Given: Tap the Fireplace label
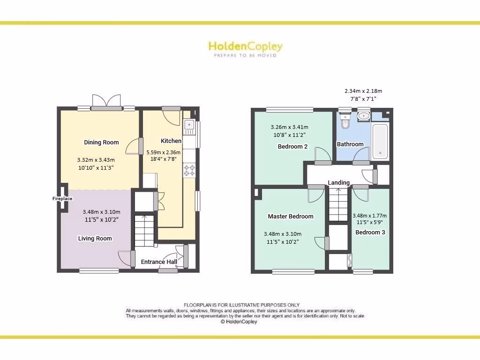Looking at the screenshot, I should pyautogui.click(x=62, y=199).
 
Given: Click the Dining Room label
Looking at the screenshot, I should pyautogui.click(x=101, y=142).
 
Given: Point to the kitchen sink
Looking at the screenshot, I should pyautogui.click(x=189, y=125).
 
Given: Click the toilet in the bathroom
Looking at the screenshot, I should pyautogui.click(x=345, y=121).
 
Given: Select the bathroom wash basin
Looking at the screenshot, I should pyautogui.click(x=363, y=116).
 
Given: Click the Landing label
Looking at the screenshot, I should pyautogui.click(x=338, y=182).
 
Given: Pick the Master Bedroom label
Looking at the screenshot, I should pyautogui.click(x=291, y=216).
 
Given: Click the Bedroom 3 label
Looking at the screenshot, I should pyautogui.click(x=370, y=232).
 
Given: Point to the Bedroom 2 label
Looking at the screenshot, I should pyautogui.click(x=292, y=146).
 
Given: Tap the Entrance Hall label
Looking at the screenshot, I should pyautogui.click(x=159, y=262).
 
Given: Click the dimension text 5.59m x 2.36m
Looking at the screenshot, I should pyautogui.click(x=164, y=152).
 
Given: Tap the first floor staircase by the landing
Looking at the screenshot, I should pyautogui.click(x=338, y=203).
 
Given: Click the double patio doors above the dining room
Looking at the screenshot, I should pyautogui.click(x=106, y=101).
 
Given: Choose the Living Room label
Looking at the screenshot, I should pyautogui.click(x=95, y=238).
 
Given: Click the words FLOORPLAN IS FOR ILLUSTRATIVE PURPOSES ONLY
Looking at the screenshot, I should pyautogui.click(x=241, y=305).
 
